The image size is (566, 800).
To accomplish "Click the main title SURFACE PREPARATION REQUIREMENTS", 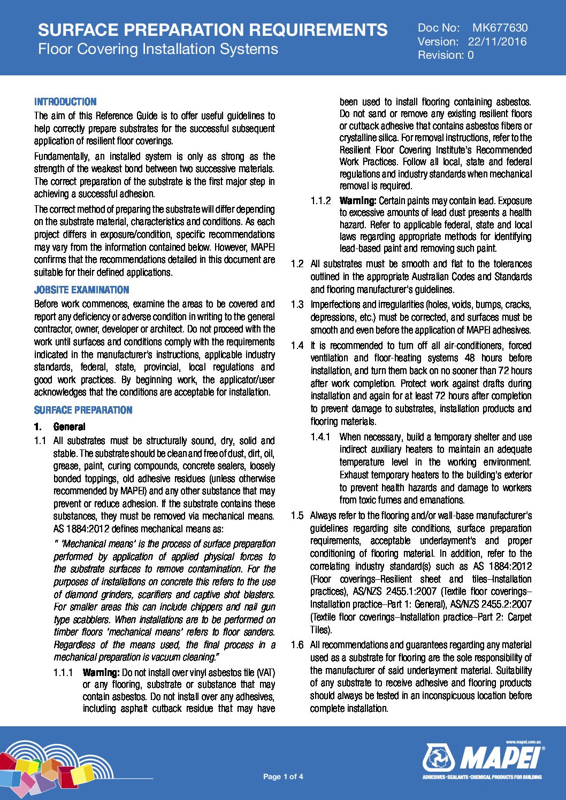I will pyautogui.click(x=212, y=30).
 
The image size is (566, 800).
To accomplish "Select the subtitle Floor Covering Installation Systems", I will pyautogui.click(x=158, y=49).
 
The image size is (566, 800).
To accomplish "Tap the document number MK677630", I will pyautogui.click(x=500, y=28).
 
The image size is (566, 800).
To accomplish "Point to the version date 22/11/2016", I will pyautogui.click(x=497, y=42).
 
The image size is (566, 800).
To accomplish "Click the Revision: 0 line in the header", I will pyautogui.click(x=445, y=55).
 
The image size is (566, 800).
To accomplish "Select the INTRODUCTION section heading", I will pyautogui.click(x=65, y=102).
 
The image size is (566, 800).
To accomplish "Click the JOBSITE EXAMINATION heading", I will pyautogui.click(x=81, y=290).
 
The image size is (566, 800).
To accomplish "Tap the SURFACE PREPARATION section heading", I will pyautogui.click(x=83, y=410).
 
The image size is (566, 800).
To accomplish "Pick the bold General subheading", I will pyautogui.click(x=69, y=426).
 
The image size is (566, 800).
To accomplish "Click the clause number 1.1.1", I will pyautogui.click(x=63, y=672).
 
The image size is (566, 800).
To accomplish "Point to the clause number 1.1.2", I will pyautogui.click(x=320, y=201).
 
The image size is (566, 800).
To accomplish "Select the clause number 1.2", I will pyautogui.click(x=297, y=264).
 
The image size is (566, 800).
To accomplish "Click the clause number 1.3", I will pyautogui.click(x=297, y=305).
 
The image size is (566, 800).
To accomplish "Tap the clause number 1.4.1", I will pyautogui.click(x=320, y=437).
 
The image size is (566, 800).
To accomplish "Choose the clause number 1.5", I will pyautogui.click(x=297, y=516).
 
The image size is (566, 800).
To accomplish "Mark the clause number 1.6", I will pyautogui.click(x=297, y=645).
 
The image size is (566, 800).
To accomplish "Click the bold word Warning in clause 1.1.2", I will pyautogui.click(x=357, y=201).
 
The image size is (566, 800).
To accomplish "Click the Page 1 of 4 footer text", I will pyautogui.click(x=283, y=776).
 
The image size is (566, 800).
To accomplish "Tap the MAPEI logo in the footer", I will pyautogui.click(x=483, y=759).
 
